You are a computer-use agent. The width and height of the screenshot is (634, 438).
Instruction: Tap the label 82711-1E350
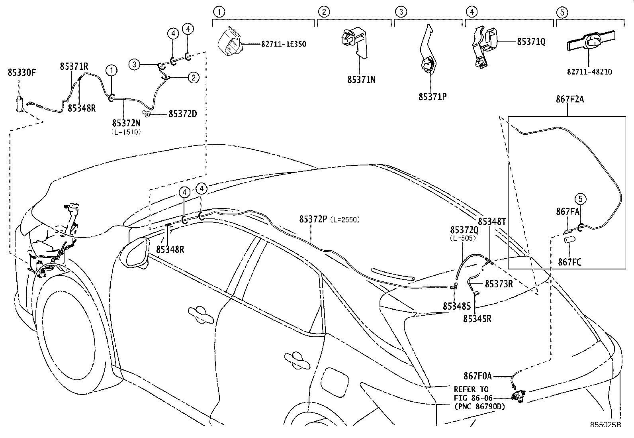point(284,44)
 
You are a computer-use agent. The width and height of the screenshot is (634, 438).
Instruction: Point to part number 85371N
point(361,80)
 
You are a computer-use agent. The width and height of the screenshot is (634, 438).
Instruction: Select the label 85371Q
point(531,41)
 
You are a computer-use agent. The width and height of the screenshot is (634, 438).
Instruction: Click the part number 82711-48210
point(590,72)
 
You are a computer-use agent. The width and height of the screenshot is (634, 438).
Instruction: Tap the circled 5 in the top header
point(562,12)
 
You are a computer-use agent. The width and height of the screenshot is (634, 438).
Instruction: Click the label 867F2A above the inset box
point(569,99)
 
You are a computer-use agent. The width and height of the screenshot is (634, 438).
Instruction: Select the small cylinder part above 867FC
point(568,240)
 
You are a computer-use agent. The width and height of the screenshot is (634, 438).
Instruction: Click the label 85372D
point(182,114)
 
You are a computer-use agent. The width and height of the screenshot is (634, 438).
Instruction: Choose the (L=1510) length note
point(125,132)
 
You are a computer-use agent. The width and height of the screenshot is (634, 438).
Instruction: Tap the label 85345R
point(477,319)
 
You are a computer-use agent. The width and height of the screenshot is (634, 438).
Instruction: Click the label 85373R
point(498,284)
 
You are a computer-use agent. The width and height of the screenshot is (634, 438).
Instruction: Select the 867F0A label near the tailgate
point(477,375)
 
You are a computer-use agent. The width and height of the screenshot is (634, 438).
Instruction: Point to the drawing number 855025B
point(605,425)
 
